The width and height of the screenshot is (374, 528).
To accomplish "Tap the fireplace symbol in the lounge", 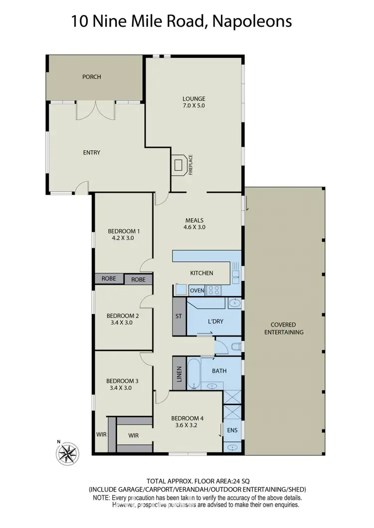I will point(181,165).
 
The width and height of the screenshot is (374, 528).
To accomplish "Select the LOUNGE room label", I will point(194,99).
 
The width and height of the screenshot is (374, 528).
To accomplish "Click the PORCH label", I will point(92,77).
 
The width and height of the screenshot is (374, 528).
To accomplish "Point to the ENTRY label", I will point(92,153).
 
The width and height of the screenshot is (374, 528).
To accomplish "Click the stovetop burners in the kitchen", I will point(215,289).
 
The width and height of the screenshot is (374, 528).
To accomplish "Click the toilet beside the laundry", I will point(235,346).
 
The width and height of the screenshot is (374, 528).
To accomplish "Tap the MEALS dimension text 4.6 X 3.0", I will point(194,227).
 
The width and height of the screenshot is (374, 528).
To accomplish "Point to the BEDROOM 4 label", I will point(187,418).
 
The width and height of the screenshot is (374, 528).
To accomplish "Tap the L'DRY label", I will point(215,321).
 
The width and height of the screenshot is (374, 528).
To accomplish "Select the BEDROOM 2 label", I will point(123,316).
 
